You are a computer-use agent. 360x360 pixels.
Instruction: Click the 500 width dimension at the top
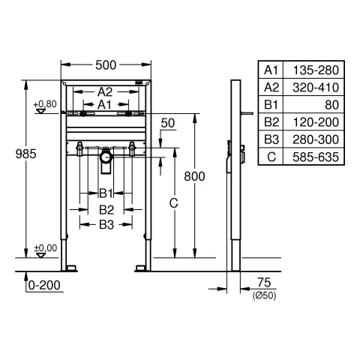[x=106, y=65]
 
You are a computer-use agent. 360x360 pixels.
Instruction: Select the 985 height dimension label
[x=26, y=154]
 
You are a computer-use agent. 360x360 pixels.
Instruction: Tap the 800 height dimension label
[x=194, y=176]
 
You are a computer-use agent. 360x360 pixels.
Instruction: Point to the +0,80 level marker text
[x=45, y=104]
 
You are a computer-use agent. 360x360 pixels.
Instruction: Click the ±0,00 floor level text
[x=46, y=248]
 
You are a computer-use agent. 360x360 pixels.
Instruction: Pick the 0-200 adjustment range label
[x=44, y=285]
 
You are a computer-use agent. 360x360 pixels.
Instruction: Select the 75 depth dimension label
[x=264, y=283]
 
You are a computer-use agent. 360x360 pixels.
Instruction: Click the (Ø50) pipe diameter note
[x=264, y=295]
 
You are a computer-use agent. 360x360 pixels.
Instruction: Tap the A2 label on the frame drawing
[x=105, y=92]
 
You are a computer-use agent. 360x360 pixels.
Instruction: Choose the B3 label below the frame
[x=106, y=225]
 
